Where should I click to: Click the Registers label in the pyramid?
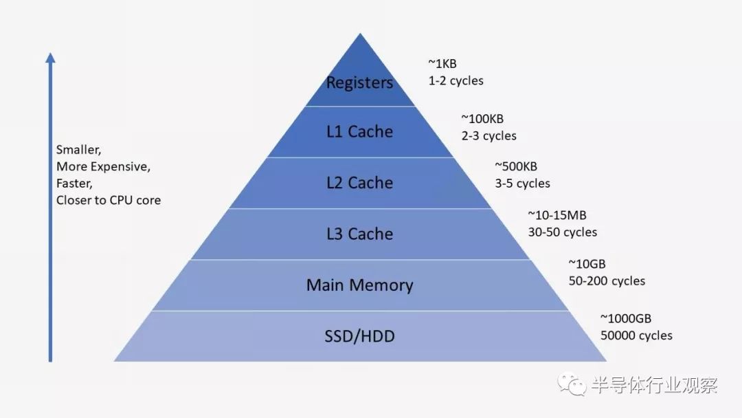tap(359, 82)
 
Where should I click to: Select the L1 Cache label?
tap(359, 131)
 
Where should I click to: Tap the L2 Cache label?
tap(359, 182)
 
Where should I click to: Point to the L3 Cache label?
tap(359, 233)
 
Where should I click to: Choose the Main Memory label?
tap(359, 285)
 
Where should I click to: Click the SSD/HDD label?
tap(359, 336)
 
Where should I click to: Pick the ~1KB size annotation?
tap(442, 63)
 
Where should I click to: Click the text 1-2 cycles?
tap(456, 80)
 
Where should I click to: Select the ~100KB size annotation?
tap(482, 118)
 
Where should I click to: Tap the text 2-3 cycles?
tap(489, 135)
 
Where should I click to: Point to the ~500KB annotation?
tap(516, 166)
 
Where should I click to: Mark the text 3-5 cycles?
tap(522, 183)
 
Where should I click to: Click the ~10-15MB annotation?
tap(557, 215)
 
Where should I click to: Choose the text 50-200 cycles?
tap(607, 280)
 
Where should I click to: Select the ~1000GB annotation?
tap(626, 318)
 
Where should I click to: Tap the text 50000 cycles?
tap(636, 335)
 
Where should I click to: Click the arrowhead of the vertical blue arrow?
tap(50, 57)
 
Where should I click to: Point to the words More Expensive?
tap(103, 166)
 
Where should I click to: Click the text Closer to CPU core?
tap(109, 200)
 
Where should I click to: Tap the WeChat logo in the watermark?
tap(572, 384)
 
